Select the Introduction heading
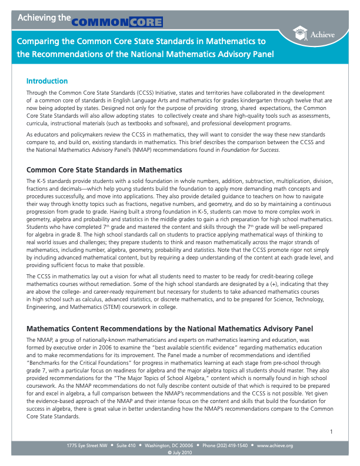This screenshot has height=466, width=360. [x=47, y=81]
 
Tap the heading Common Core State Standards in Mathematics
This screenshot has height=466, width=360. [x=104, y=170]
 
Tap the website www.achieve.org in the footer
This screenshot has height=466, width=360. [x=275, y=446]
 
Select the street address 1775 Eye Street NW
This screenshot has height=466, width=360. [x=88, y=446]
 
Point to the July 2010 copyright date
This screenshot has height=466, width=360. [x=180, y=452]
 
